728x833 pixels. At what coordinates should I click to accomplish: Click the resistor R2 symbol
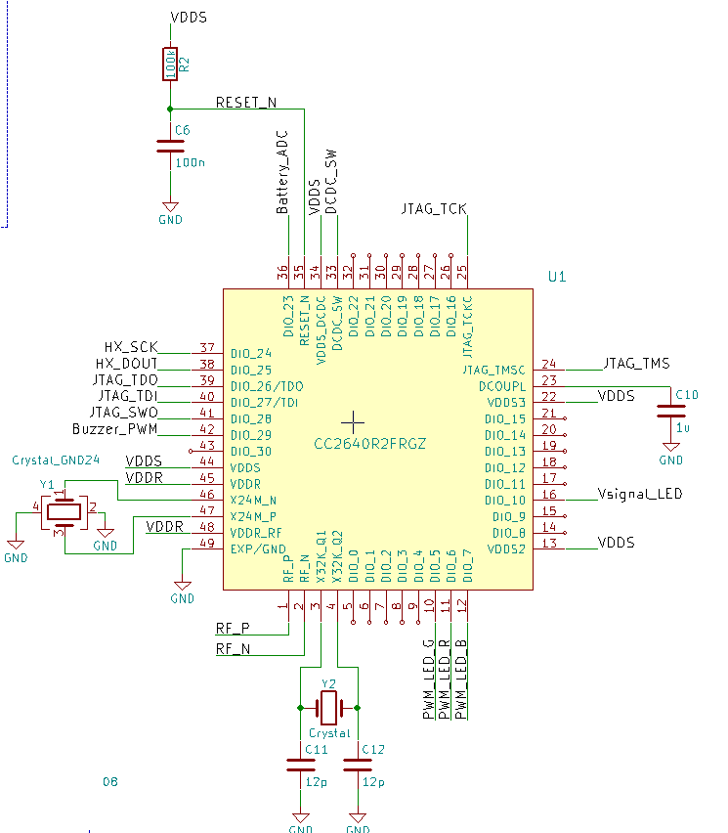click(170, 65)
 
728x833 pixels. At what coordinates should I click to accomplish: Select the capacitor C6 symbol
click(170, 146)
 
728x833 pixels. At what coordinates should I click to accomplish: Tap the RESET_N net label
click(246, 102)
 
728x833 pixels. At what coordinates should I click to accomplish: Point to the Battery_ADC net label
click(282, 171)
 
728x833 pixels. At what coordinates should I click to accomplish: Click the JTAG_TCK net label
click(434, 209)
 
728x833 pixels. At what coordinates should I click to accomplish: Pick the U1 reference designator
click(557, 277)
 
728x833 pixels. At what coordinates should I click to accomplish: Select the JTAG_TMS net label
click(636, 364)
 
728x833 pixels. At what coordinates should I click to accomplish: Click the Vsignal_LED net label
click(639, 494)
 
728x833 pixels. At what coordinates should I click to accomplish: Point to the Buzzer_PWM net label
click(115, 429)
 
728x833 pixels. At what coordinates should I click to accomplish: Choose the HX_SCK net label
click(130, 347)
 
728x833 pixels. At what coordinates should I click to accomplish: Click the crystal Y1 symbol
click(64, 512)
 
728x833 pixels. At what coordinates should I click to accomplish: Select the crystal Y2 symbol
click(328, 705)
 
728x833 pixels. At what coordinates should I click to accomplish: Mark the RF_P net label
click(232, 627)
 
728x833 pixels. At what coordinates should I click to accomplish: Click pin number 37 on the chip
click(206, 347)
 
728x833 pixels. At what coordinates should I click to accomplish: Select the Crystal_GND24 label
click(56, 460)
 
